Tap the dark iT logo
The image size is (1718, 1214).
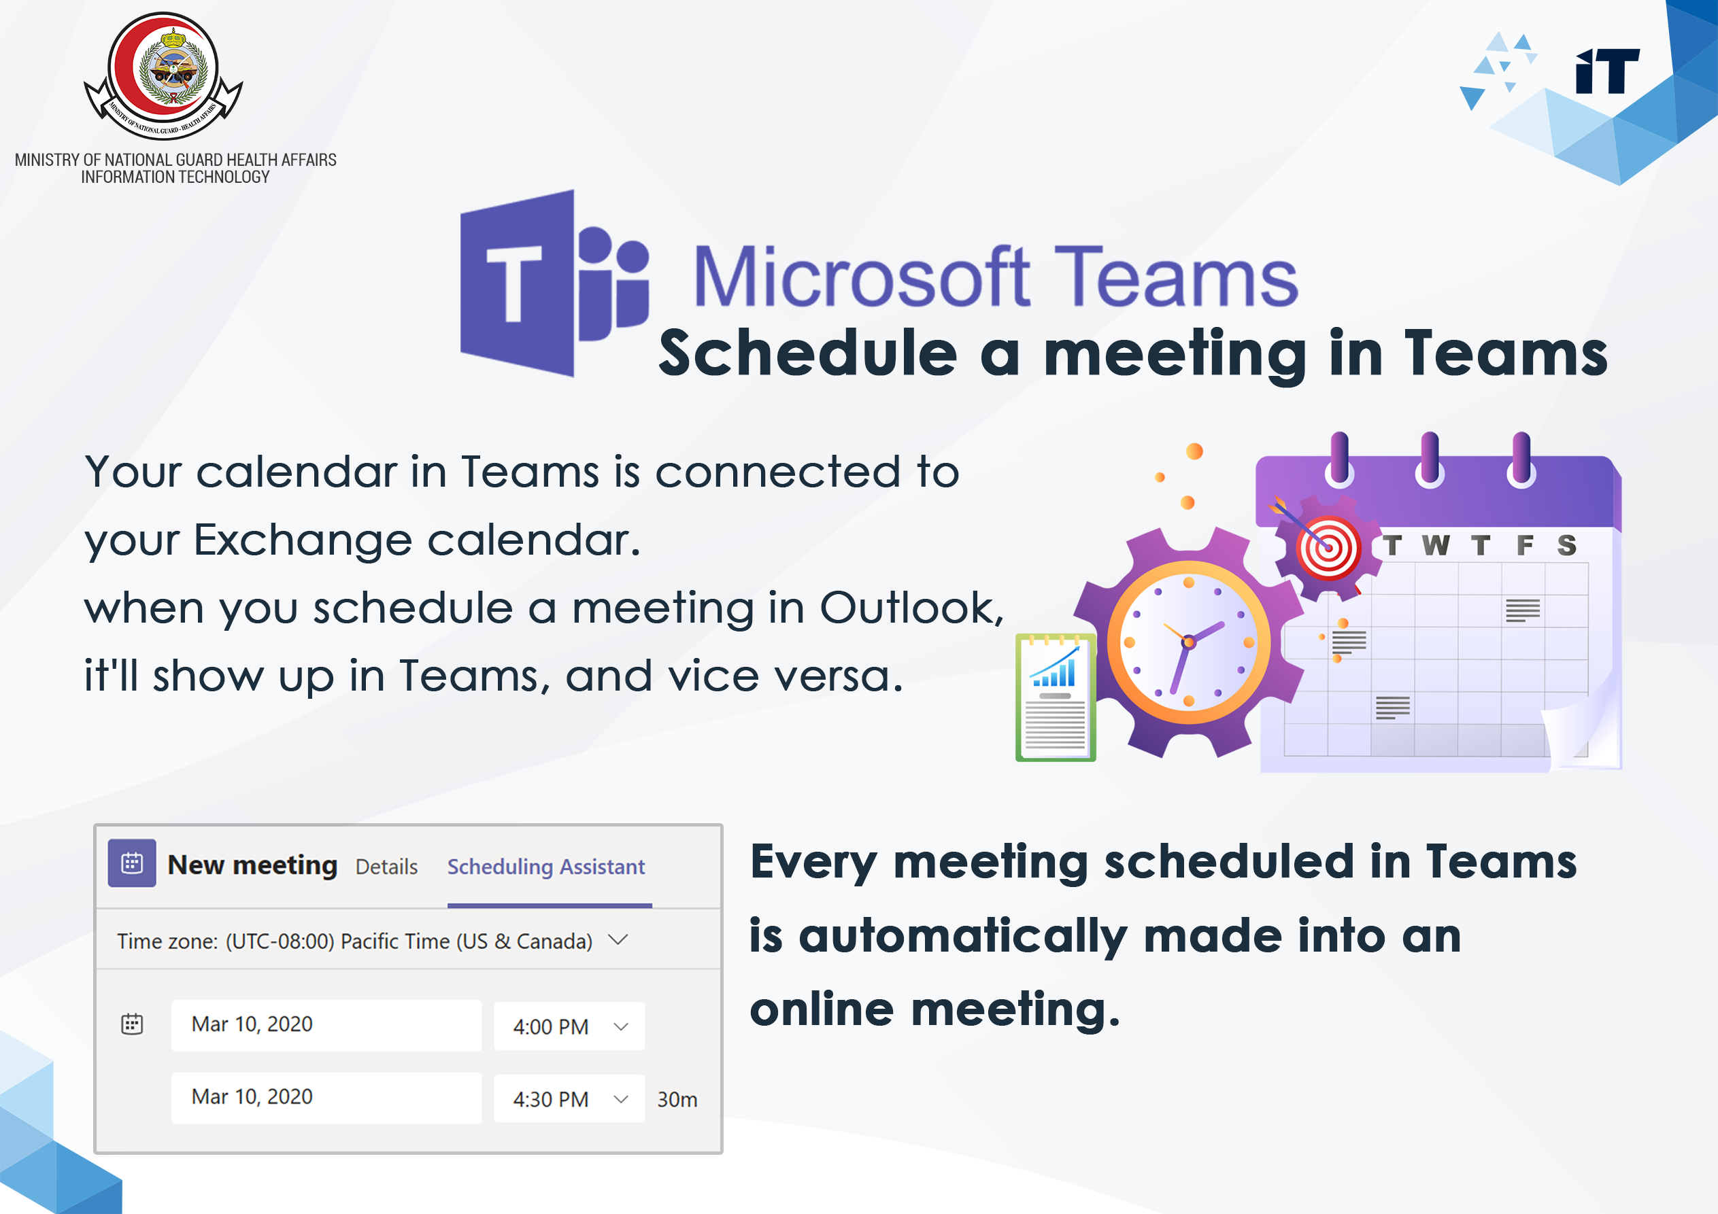1607,71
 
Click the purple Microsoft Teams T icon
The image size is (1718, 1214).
554,283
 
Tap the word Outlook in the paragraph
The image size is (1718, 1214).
911,608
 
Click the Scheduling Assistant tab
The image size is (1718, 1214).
546,866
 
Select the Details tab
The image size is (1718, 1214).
386,866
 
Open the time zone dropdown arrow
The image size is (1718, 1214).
618,939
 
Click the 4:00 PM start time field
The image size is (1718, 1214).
569,1026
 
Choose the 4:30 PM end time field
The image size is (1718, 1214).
569,1099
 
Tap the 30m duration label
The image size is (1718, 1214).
677,1100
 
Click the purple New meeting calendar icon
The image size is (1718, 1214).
132,863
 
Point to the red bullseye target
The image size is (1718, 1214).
1328,549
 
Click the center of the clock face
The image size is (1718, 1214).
1188,642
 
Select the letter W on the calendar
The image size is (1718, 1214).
1436,545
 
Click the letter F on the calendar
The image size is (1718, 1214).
1525,545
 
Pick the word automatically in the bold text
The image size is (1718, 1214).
963,937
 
